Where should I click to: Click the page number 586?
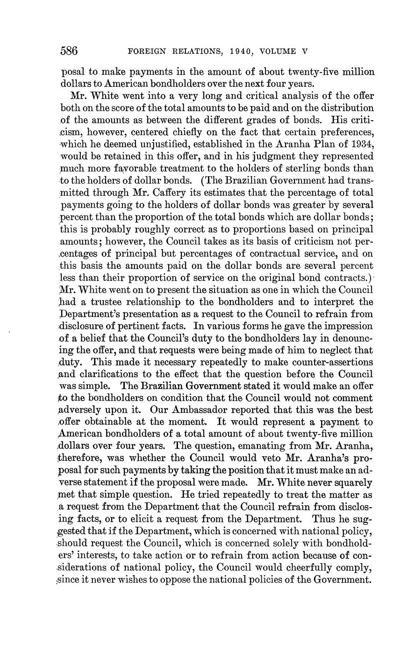[69, 51]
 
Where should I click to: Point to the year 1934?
[361, 144]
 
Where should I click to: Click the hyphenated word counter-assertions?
[327, 362]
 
